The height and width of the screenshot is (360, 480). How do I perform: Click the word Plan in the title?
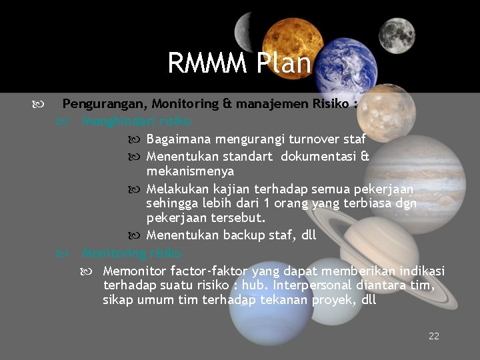[x=282, y=63]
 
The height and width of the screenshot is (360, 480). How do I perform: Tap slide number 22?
[x=434, y=336]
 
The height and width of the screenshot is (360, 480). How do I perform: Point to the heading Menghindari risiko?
[x=136, y=121]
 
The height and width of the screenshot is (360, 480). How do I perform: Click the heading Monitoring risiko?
[x=131, y=253]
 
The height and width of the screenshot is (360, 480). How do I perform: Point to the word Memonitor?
[x=135, y=271]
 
